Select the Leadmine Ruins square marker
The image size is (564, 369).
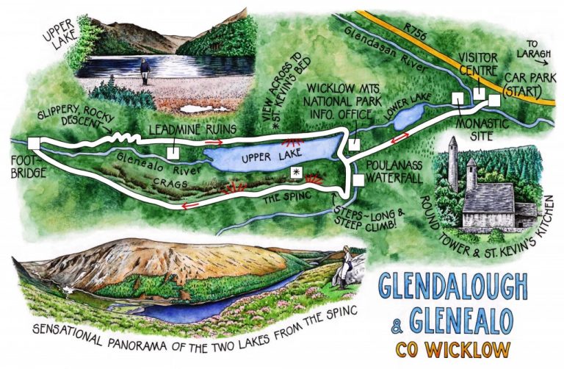point(173,153)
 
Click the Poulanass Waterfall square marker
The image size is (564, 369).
point(358,179)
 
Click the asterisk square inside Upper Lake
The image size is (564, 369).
point(296,171)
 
